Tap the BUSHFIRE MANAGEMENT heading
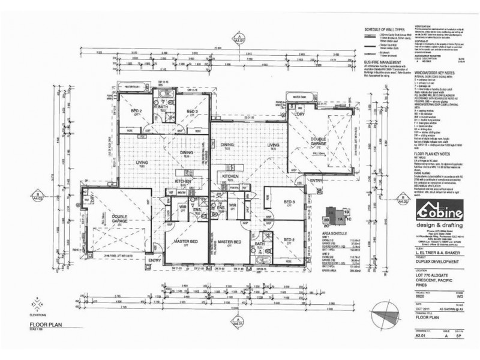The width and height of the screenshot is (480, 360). (382, 61)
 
